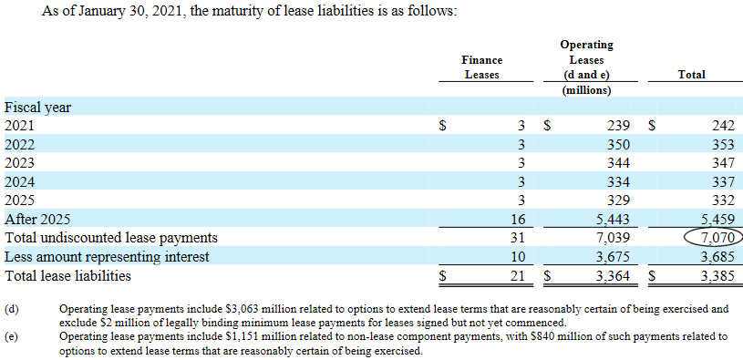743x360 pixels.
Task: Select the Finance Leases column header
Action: pos(481,67)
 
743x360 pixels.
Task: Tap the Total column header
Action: pos(691,75)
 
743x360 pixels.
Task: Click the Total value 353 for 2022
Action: pos(721,145)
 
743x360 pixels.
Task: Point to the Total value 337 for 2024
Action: pos(721,182)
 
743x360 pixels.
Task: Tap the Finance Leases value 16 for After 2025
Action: pos(518,220)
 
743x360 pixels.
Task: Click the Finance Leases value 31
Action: pos(518,238)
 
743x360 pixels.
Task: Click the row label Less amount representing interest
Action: pos(107,257)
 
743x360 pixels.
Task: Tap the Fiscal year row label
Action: pos(37,108)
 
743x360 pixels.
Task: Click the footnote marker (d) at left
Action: pos(12,310)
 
